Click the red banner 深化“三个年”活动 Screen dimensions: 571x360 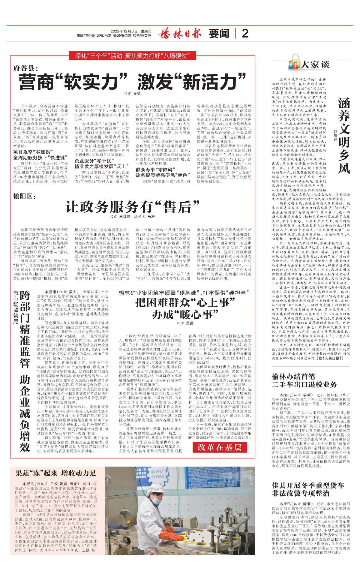click(x=132, y=56)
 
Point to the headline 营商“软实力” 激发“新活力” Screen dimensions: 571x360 click(x=133, y=81)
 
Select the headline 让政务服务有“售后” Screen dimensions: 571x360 click(x=133, y=207)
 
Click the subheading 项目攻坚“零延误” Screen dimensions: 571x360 click(x=33, y=152)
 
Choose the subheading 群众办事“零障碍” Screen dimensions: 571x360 click(x=155, y=170)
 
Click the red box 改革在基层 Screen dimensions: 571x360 click(x=220, y=447)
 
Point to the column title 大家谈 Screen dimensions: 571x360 click(x=315, y=64)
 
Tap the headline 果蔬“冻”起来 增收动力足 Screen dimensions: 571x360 click(x=56, y=473)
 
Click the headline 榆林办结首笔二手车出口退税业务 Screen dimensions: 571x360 click(x=304, y=380)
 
